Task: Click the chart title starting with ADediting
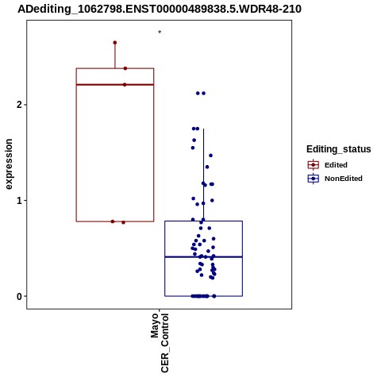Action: (x=160, y=10)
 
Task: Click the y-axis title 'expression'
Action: (x=9, y=164)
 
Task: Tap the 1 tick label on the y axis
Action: (x=19, y=201)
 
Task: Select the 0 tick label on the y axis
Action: (x=19, y=296)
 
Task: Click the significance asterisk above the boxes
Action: (x=160, y=33)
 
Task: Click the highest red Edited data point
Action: (x=115, y=43)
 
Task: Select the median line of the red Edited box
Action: (x=115, y=85)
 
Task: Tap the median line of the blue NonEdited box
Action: (x=203, y=257)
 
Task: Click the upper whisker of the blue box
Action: (x=203, y=175)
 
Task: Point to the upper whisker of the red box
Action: (x=115, y=56)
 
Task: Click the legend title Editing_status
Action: (x=339, y=149)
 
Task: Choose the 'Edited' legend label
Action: (x=336, y=165)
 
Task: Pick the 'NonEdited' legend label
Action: (x=344, y=179)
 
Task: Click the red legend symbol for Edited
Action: (x=314, y=165)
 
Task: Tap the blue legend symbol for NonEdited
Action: (x=314, y=179)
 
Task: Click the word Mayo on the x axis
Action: (x=155, y=325)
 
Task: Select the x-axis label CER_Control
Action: (x=164, y=343)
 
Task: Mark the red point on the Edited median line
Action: (x=125, y=85)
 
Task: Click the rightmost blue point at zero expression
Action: (x=214, y=296)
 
